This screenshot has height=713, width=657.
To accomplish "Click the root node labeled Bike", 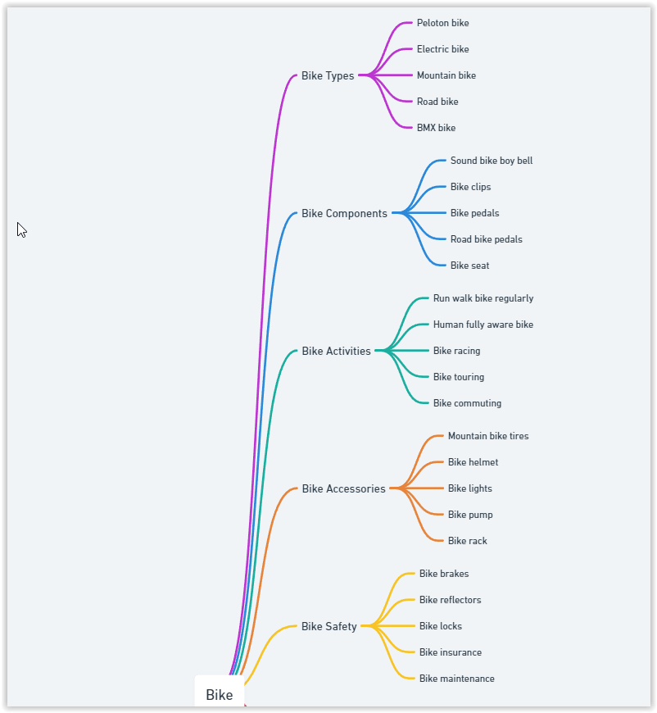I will click(220, 694).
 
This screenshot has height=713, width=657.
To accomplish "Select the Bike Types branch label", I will click(328, 75).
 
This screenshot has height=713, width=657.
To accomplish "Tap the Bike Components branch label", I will click(344, 213).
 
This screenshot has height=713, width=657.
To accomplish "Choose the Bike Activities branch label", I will click(336, 351).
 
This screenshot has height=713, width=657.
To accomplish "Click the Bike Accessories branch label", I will click(343, 488).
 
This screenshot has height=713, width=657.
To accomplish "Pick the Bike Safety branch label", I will click(328, 626).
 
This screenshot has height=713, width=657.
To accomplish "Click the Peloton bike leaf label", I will click(442, 23).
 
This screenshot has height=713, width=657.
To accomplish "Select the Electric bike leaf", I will click(442, 49).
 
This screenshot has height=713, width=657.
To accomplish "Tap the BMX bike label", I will click(436, 128).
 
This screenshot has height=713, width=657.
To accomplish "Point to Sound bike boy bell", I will click(492, 161).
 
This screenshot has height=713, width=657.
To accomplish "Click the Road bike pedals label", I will click(486, 239).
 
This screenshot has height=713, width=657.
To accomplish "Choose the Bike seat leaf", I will click(469, 266).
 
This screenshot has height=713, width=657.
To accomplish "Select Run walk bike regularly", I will click(483, 298).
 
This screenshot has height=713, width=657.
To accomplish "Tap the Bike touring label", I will click(458, 377).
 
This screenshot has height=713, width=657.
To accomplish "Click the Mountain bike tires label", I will click(488, 436).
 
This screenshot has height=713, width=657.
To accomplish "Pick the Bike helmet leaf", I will click(473, 462).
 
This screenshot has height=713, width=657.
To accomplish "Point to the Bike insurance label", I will click(450, 652).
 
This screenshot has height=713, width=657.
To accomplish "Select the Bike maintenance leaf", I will click(456, 679).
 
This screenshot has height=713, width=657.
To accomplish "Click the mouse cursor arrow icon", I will click(22, 230).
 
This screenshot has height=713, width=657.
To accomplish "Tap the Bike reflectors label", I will click(450, 600).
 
